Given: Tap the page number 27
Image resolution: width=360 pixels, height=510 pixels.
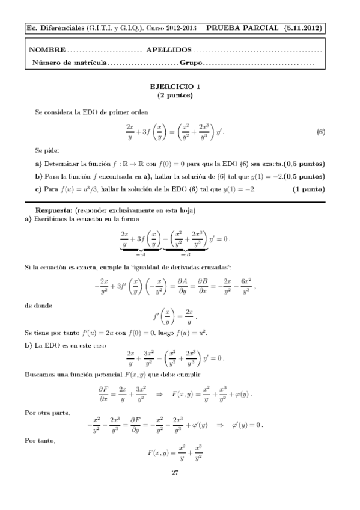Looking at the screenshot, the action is point(175,472).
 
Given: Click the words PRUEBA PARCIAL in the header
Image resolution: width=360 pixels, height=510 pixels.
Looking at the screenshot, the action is point(242,28).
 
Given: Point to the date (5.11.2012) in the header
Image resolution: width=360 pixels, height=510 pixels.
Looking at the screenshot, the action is point(302,28).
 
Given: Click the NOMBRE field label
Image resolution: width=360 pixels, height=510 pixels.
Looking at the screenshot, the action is point(47,50).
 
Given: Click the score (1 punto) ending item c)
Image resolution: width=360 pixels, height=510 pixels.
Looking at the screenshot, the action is point(308,189).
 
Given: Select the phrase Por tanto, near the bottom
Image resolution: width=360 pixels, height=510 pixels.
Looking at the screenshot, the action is point(39,441).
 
